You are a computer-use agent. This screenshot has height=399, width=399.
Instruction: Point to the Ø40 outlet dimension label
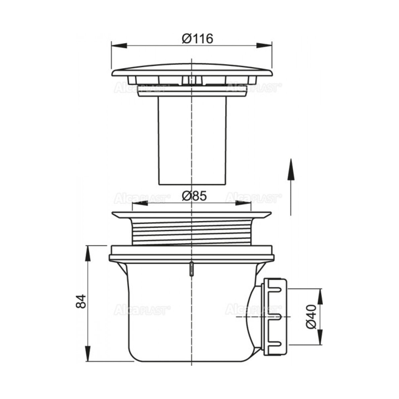pos(312,317)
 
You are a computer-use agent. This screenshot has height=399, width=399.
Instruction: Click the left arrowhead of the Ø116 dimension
pos(119,46)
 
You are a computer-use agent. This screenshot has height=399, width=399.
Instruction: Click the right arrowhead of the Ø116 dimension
pos(264,46)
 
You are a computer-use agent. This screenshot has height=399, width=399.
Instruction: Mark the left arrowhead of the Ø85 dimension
pos(140,203)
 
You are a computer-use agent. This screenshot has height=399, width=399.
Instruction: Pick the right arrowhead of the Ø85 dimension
pos(243,203)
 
